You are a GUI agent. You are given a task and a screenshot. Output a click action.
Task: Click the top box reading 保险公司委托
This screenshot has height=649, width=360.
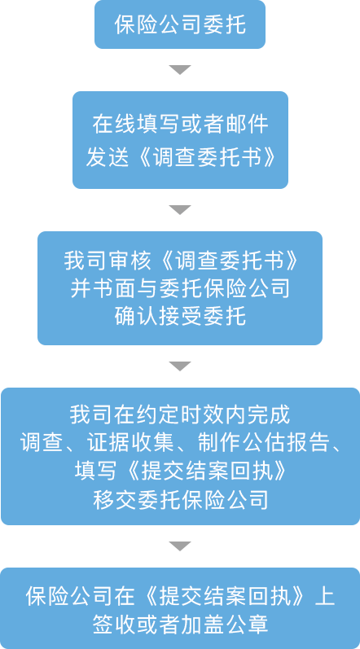179,24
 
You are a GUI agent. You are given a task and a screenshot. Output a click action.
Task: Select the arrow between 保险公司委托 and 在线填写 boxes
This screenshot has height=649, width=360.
180,69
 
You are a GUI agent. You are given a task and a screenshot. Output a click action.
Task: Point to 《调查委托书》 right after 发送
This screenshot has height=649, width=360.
205,157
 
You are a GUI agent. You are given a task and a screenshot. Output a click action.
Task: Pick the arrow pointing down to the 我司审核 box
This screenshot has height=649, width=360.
180,209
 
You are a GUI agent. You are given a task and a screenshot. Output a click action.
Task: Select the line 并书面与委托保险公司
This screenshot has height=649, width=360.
180,288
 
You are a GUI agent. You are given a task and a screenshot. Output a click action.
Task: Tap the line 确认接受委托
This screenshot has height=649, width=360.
180,316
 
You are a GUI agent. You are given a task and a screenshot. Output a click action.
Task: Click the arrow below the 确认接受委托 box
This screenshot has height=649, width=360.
180,366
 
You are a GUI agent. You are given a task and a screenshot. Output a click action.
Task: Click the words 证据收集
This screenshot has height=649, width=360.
131,443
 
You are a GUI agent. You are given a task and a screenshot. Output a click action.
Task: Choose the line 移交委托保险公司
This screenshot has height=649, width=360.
180,500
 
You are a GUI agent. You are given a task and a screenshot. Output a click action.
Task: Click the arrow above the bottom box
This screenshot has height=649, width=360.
180,546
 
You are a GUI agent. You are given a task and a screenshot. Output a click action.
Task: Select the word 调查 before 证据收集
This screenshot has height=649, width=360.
41,443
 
